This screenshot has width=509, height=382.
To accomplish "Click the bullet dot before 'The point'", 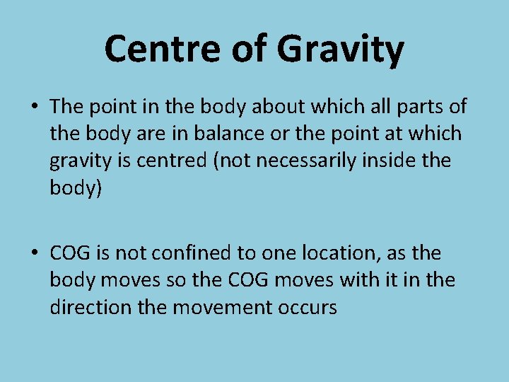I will pos(33,107).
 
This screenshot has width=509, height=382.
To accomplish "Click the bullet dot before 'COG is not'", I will pos(33,253).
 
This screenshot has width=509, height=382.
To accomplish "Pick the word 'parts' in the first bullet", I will pos(417,107).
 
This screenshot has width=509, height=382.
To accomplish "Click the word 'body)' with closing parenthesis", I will pos(76,187).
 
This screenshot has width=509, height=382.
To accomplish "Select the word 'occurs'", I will pos(307,307).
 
